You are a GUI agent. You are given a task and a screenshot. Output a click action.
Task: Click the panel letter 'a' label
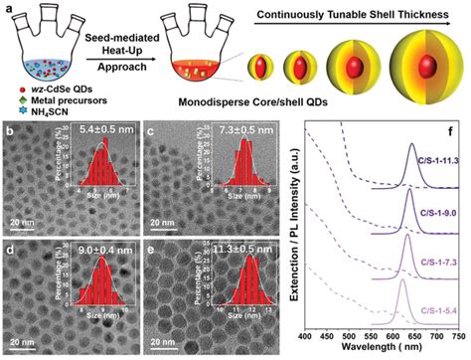[6, 8]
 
